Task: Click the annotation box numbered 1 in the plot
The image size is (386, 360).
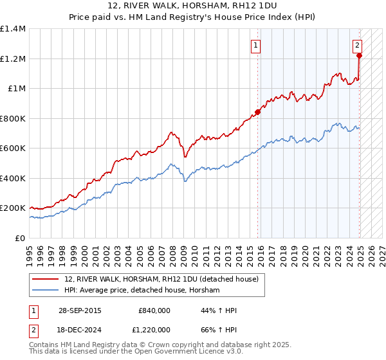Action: (256, 45)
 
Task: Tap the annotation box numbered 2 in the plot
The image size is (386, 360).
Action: (357, 45)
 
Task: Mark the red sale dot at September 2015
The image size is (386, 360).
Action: (258, 112)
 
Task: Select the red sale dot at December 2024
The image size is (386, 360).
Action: (359, 55)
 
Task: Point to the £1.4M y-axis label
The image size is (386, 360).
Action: (13, 29)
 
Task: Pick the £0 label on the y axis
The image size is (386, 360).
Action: (21, 238)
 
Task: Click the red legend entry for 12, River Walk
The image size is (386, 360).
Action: (161, 279)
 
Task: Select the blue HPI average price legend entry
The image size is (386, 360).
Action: (142, 291)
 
